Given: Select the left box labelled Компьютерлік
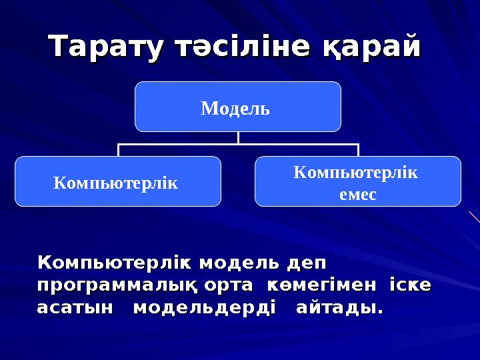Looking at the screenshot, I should (x=117, y=181).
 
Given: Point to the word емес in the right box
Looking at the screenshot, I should (x=357, y=195).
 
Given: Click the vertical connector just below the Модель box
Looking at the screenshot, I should (x=238, y=137).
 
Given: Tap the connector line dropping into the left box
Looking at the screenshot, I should (x=119, y=150).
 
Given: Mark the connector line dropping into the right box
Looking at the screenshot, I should (x=358, y=150).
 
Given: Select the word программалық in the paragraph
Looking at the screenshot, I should (x=117, y=285).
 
